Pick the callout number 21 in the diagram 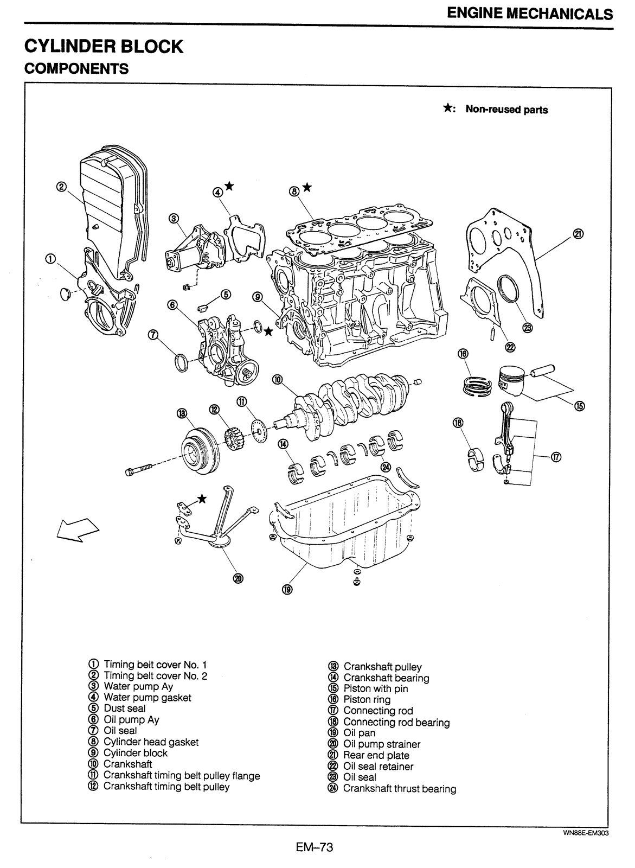(578, 234)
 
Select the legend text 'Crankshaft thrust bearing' (399, 789)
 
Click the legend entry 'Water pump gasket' (147, 698)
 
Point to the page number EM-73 (314, 846)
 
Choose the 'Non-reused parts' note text (506, 110)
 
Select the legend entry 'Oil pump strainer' (381, 744)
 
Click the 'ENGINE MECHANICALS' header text (530, 14)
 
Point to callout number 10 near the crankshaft (278, 380)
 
